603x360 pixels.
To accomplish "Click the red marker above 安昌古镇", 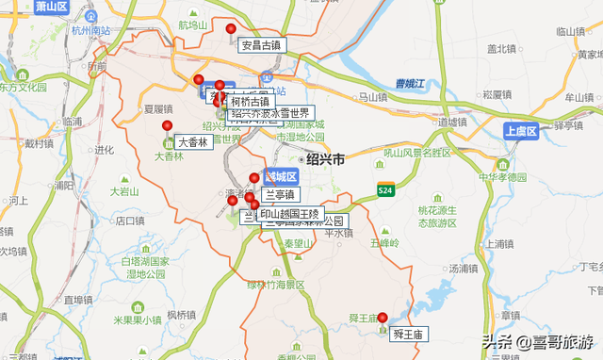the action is click(232, 28).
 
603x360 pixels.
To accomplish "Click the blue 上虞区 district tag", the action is click(519, 131).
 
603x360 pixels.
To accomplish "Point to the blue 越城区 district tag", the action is click(280, 177).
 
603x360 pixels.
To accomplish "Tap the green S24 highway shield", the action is click(384, 189).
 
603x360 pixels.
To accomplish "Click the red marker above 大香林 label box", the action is click(168, 125).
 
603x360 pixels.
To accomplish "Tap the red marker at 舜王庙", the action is click(383, 317).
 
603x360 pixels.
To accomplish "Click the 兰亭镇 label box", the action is click(280, 195).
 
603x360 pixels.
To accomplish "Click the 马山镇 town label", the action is click(374, 96).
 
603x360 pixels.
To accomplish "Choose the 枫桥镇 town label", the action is click(181, 315).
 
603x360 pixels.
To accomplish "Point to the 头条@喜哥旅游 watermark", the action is click(538, 341).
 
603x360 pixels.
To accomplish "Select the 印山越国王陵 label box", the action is click(290, 213).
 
